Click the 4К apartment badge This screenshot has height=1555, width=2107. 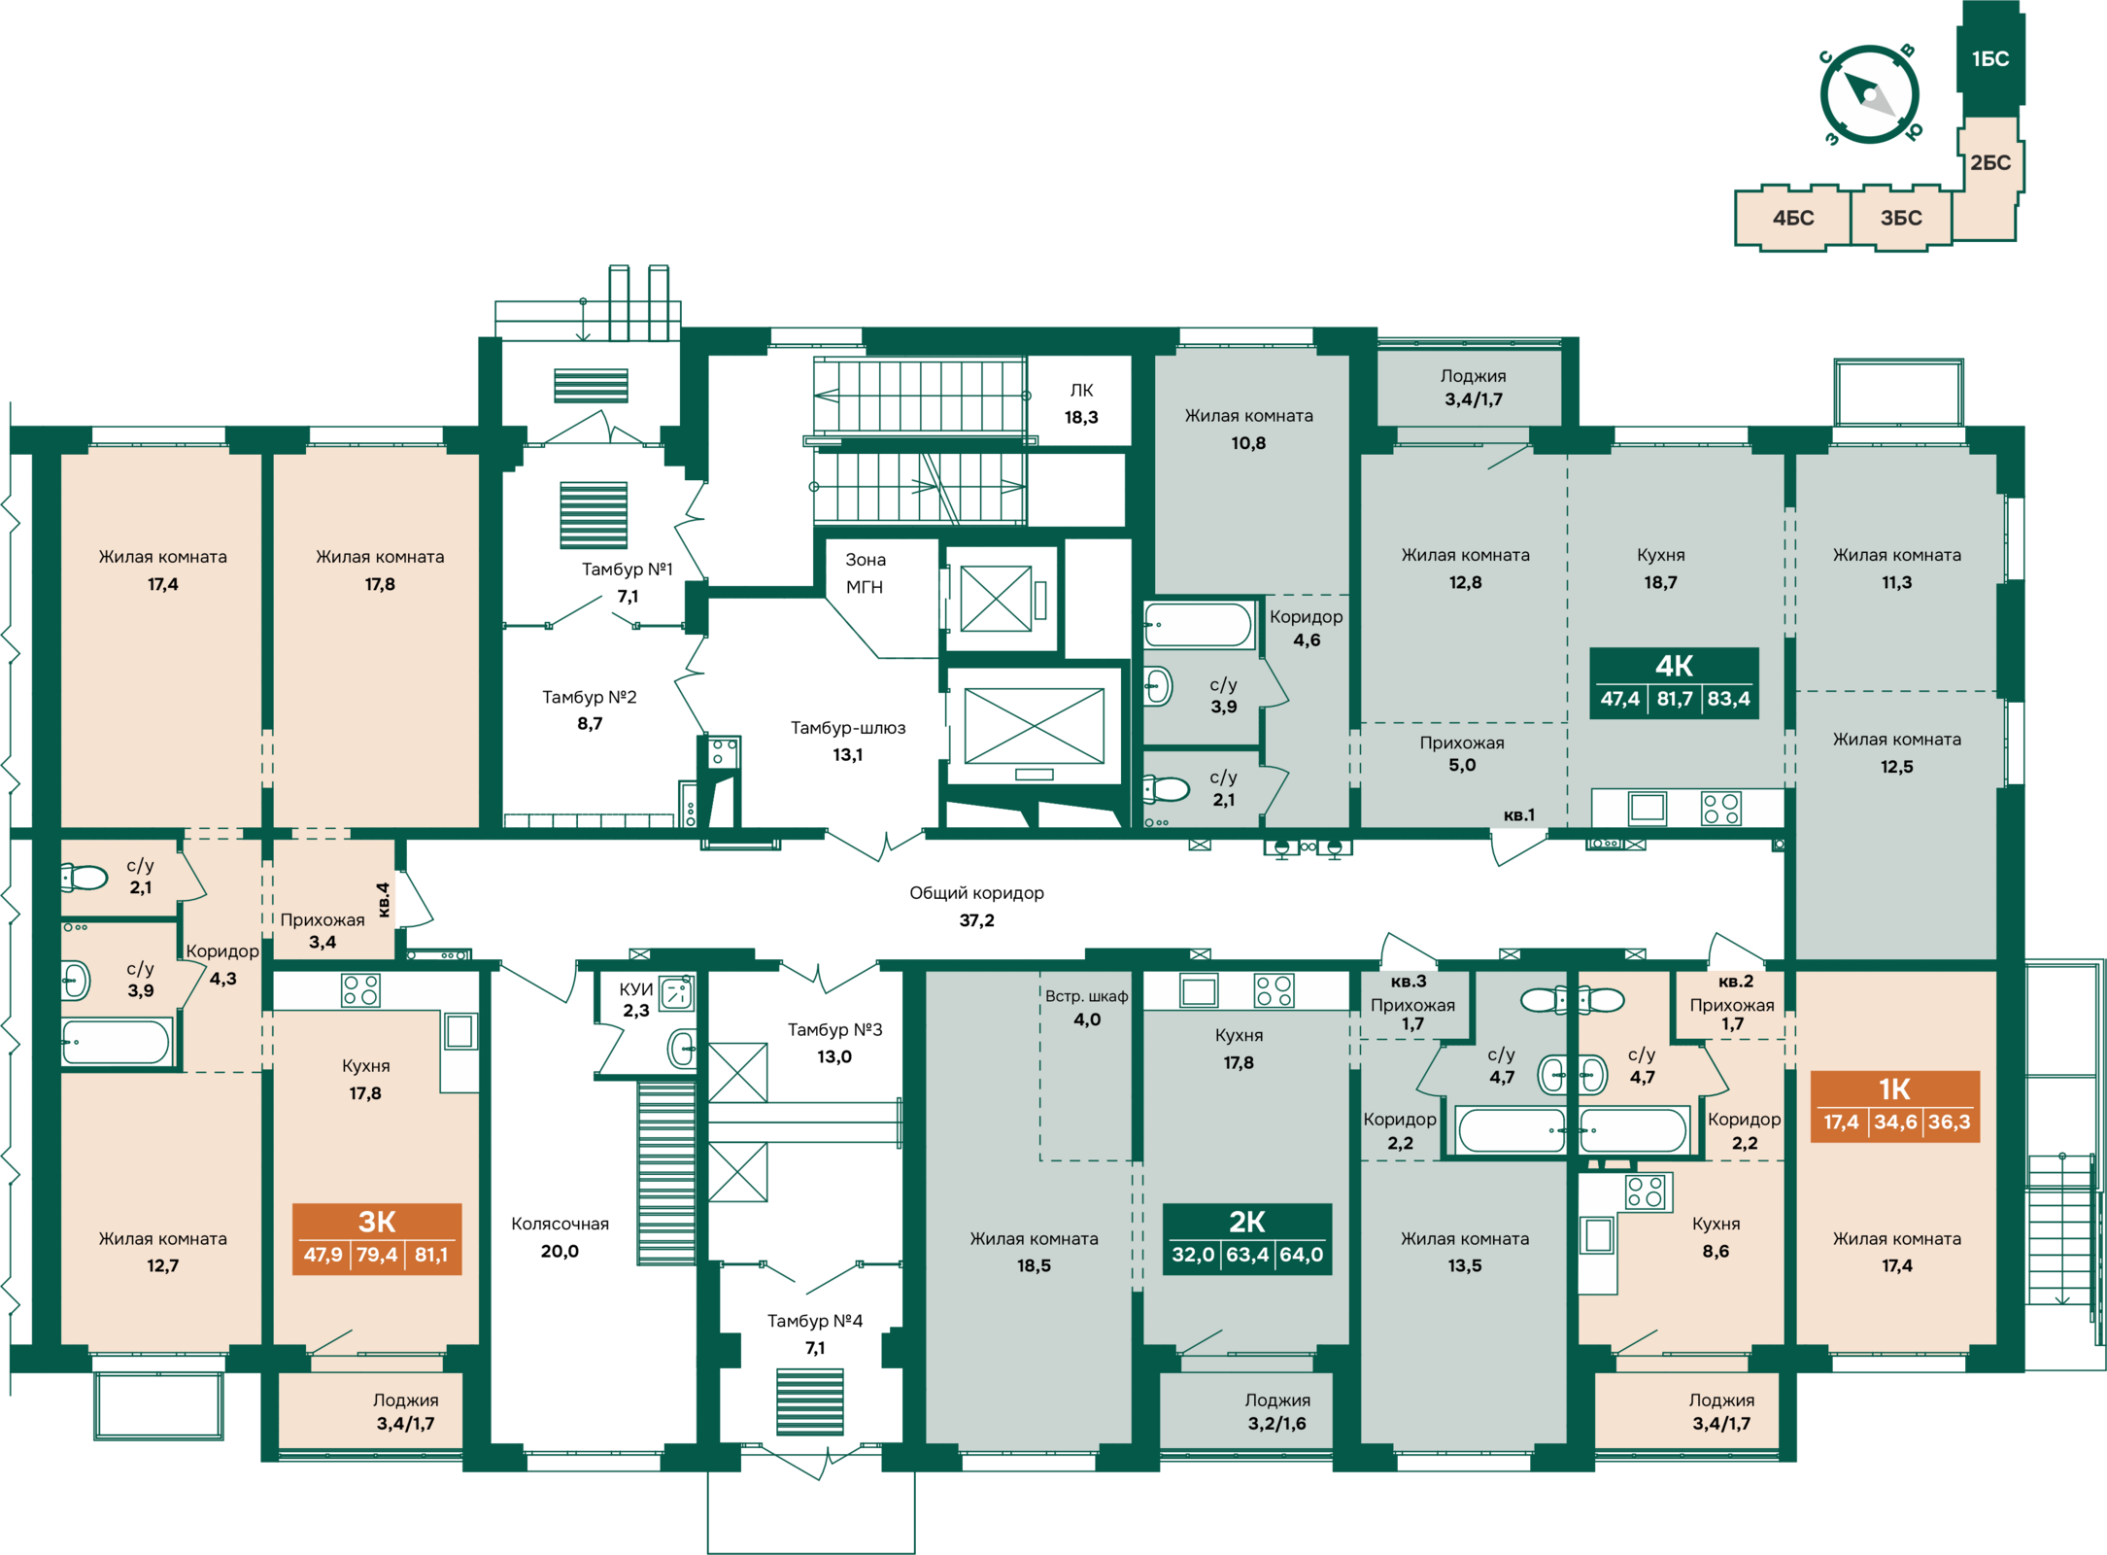(x=1673, y=683)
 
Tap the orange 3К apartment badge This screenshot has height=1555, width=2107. (x=377, y=1239)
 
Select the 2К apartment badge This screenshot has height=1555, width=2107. (x=1246, y=1239)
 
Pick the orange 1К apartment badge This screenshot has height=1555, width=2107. (x=1895, y=1106)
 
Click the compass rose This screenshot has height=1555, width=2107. (x=1869, y=95)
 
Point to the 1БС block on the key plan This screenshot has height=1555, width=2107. (x=1990, y=58)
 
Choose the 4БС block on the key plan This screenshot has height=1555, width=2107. (x=1793, y=218)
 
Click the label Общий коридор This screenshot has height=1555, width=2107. (x=976, y=893)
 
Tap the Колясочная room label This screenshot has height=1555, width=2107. (x=560, y=1224)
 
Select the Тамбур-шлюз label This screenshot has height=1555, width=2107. (x=848, y=728)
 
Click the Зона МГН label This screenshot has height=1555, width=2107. (x=865, y=573)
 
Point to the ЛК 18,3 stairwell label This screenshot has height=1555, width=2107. (x=1081, y=403)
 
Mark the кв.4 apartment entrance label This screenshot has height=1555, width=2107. (x=384, y=899)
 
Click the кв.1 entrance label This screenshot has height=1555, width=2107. (x=1519, y=814)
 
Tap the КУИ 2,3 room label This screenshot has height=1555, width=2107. (x=636, y=999)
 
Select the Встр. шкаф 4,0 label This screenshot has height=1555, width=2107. (x=1087, y=1008)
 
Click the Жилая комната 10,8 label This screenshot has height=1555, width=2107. (x=1248, y=430)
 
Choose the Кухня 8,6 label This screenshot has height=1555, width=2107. (x=1716, y=1237)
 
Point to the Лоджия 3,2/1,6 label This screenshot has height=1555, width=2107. (x=1277, y=1412)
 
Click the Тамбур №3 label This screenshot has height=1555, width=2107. (x=834, y=1029)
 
